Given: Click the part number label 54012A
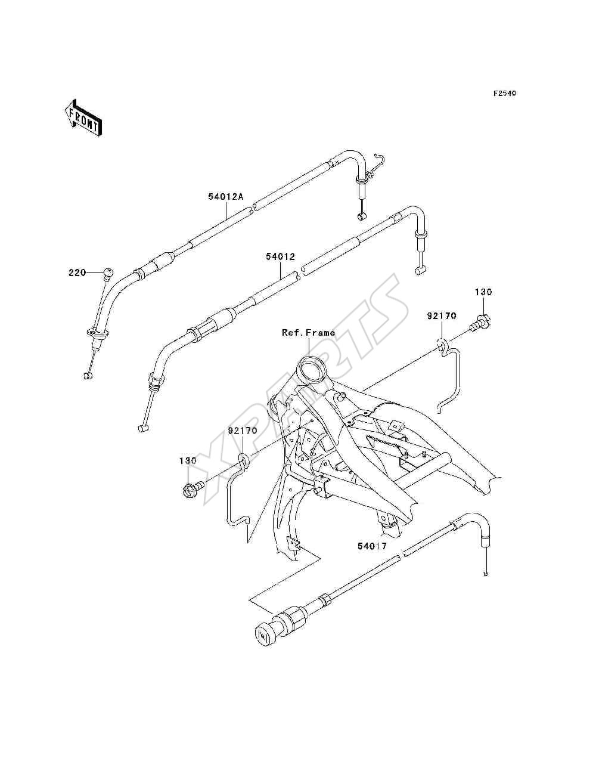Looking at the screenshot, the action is [x=225, y=197].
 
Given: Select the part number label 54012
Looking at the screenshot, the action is [x=280, y=256].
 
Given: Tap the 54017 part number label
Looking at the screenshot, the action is [x=372, y=546].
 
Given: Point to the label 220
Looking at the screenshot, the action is [x=77, y=273].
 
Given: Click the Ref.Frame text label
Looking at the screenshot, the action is [x=308, y=333].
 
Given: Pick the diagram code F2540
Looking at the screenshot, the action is [x=505, y=93].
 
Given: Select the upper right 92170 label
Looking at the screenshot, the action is [x=442, y=315].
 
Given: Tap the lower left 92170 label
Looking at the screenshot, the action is [x=243, y=431].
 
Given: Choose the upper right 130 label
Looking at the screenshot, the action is [x=483, y=292].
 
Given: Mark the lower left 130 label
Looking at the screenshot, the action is [x=188, y=461].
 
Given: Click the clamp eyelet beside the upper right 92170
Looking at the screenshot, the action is [x=442, y=343].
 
